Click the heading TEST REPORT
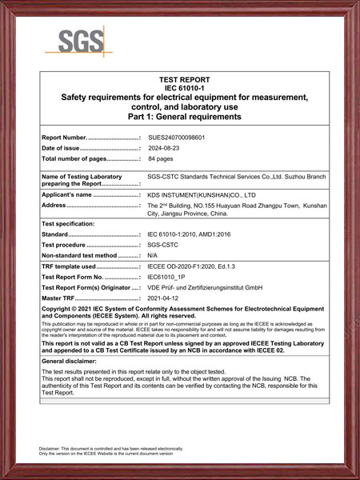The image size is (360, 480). coord(184,80)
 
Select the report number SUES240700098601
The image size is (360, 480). coord(182,138)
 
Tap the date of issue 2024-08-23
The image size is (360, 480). coord(166,148)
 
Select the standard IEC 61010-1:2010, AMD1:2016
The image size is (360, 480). coord(196,234)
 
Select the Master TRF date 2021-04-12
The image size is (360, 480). coord(166,297)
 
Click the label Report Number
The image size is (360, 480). coord(64,138)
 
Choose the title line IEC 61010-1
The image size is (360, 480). coord(184,88)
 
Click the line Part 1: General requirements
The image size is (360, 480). coord(184,117)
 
